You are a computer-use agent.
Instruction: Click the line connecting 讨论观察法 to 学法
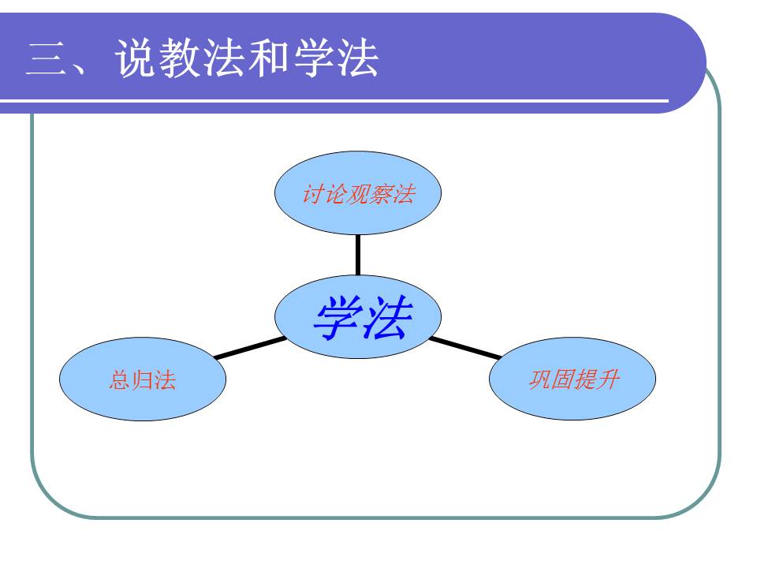(x=358, y=254)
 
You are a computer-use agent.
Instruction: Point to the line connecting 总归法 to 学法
(x=250, y=348)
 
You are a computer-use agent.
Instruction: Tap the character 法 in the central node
(x=385, y=318)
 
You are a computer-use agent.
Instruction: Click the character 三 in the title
(x=47, y=58)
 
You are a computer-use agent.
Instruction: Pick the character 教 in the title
(x=181, y=58)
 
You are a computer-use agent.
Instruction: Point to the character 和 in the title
(x=270, y=58)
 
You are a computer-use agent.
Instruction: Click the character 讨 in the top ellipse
(x=312, y=194)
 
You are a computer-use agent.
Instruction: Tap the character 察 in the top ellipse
(x=380, y=194)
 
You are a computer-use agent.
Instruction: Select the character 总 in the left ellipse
(x=120, y=380)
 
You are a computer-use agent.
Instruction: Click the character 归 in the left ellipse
(x=142, y=380)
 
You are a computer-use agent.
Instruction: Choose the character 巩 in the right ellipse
(x=539, y=379)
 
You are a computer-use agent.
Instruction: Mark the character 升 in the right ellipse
(x=607, y=379)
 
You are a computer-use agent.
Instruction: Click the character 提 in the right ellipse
(x=584, y=379)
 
